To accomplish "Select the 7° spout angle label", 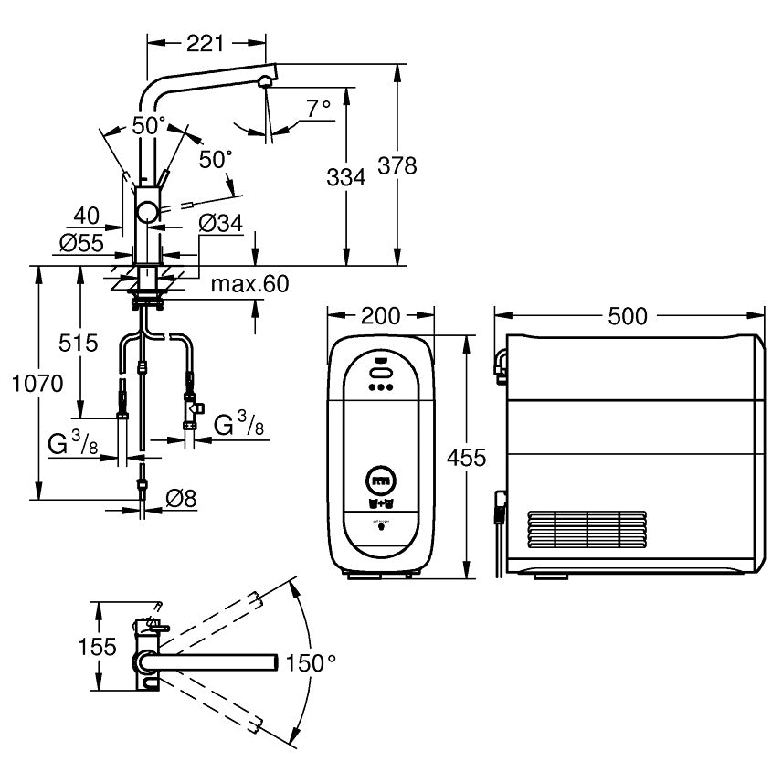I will (x=318, y=109).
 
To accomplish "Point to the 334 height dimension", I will (x=346, y=176).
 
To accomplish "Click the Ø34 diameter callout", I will (x=219, y=221).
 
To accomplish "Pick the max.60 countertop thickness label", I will (x=249, y=284).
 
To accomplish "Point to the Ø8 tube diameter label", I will (x=181, y=499).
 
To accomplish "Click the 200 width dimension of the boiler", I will (x=380, y=316).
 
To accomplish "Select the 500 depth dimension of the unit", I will (x=627, y=316).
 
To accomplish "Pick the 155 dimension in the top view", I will (x=96, y=647).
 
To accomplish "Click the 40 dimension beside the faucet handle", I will (x=86, y=216).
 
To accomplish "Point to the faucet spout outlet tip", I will (x=264, y=82).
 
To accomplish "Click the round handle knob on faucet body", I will (x=146, y=213).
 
